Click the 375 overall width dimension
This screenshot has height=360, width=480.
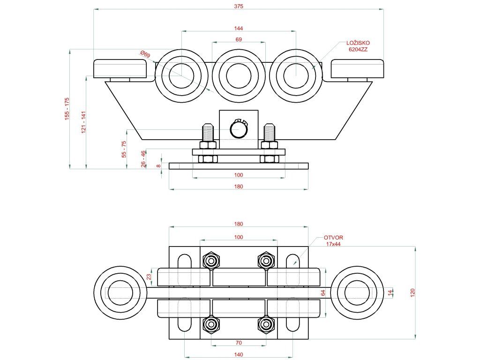click(239, 7)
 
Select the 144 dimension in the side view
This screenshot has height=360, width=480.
click(239, 29)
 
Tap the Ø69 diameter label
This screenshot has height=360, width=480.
click(145, 55)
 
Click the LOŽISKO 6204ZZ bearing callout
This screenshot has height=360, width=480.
click(355, 46)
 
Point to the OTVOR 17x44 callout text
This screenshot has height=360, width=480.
click(334, 240)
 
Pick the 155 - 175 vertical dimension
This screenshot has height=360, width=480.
click(67, 109)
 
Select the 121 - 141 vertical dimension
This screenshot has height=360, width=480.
click(84, 122)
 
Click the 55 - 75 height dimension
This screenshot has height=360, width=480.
click(124, 149)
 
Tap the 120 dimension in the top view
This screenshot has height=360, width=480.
click(413, 292)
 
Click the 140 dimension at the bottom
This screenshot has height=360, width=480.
click(239, 355)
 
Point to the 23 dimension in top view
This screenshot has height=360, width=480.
click(150, 277)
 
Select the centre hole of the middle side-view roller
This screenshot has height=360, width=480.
click(239, 75)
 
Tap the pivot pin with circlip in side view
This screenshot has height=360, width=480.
click(239, 129)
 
